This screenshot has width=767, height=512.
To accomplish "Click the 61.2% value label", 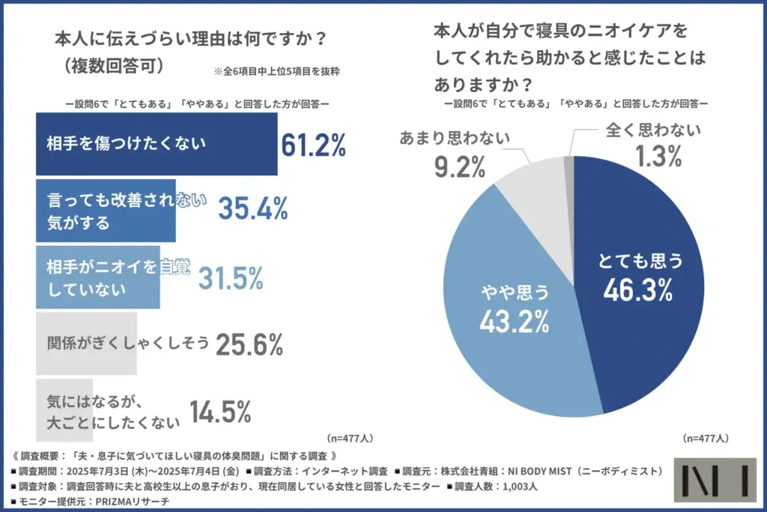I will point(313,146).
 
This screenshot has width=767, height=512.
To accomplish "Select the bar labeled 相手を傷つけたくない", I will point(157,144).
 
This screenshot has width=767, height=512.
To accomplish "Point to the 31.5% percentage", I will point(231,277).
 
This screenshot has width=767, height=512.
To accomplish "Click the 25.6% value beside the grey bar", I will point(249,344).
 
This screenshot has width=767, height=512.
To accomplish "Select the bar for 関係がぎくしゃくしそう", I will point(86,345).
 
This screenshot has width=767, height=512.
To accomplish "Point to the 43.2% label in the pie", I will point(515,322).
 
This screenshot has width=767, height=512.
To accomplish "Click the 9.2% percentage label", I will point(460,166).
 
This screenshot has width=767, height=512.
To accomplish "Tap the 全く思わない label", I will point(652,129).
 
